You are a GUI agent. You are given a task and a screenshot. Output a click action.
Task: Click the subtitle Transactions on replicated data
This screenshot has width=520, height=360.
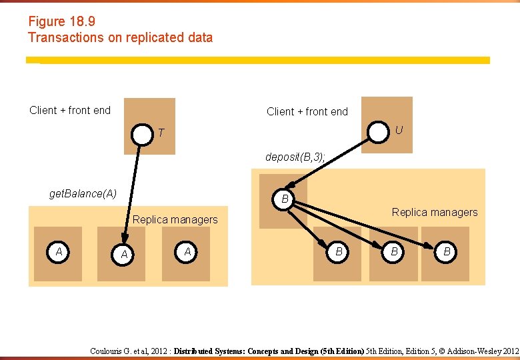[x=120, y=37]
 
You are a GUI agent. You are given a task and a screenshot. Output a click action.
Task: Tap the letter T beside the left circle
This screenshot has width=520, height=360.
[x=161, y=133]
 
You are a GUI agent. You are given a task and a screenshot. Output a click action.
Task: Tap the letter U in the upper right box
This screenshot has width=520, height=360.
[x=399, y=130]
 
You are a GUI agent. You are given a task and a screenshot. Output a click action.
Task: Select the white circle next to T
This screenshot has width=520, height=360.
[x=142, y=135]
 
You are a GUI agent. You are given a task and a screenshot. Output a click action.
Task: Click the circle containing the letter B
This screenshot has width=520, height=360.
[x=285, y=198]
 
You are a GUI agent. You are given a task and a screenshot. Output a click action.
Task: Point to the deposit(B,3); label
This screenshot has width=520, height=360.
[x=295, y=157]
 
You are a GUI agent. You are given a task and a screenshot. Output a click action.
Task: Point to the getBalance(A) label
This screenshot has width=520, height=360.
[x=83, y=193]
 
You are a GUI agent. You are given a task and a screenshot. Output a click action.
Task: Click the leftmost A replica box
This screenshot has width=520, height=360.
[x=58, y=253]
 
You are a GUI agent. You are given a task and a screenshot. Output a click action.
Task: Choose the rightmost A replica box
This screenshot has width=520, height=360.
[x=187, y=253]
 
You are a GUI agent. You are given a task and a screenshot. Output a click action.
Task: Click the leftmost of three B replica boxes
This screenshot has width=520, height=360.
[x=339, y=253]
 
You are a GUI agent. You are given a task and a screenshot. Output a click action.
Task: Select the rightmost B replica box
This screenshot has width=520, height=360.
[x=446, y=253]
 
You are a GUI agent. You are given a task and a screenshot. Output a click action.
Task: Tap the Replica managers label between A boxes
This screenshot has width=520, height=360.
[x=175, y=219]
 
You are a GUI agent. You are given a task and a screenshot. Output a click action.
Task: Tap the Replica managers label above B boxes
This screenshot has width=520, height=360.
[x=435, y=212]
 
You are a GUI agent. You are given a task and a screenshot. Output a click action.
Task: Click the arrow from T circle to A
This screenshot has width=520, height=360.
[x=132, y=193]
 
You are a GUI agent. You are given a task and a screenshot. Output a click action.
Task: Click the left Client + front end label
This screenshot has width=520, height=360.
[x=70, y=110]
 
